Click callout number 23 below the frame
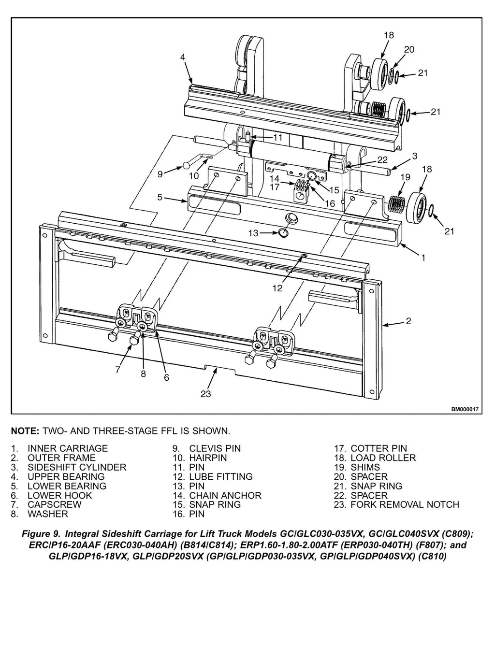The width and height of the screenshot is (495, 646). coord(205,394)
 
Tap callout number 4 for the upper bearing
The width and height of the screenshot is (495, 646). coord(183,57)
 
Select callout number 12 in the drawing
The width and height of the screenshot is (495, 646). coord(277,288)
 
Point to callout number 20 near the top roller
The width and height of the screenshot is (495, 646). coord(409,49)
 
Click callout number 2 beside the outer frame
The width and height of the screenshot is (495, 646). coord(408,321)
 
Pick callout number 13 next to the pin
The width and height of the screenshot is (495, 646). coord(253,233)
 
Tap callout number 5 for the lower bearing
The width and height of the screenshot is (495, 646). coord(160,197)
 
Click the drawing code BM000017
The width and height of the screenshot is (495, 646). coord(465,409)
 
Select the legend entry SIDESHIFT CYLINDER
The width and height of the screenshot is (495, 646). coord(77,467)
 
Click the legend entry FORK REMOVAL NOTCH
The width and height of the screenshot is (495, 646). coord(405,504)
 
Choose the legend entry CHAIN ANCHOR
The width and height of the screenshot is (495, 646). coord(225,495)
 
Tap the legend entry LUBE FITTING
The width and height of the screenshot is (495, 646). coord(221,476)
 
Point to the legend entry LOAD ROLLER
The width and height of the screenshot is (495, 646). coord(383,458)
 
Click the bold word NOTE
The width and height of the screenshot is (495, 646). coord(25,431)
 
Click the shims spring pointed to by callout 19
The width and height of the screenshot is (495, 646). coord(396,203)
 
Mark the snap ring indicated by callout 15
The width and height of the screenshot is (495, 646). coord(311,175)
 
